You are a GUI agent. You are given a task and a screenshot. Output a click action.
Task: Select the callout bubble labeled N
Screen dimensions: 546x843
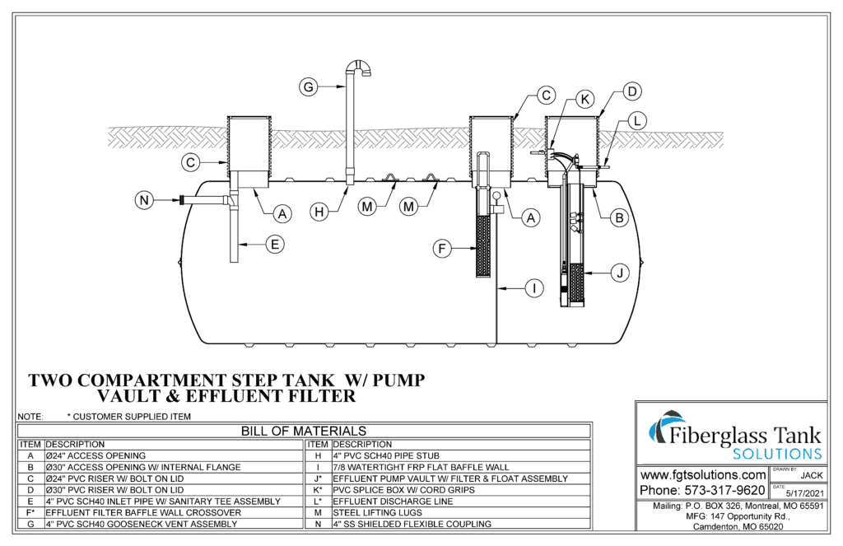[x=144, y=200]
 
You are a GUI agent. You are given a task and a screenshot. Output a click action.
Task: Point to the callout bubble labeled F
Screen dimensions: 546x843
[x=443, y=246]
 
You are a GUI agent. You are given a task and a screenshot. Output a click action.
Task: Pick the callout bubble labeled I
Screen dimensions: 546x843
[x=534, y=288]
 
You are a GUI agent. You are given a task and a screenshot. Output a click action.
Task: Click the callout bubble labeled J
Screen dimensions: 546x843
[x=619, y=270]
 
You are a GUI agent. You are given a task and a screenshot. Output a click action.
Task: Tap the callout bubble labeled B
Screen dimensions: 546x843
[x=618, y=217]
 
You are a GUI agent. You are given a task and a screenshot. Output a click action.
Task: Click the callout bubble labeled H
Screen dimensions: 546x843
[x=320, y=212]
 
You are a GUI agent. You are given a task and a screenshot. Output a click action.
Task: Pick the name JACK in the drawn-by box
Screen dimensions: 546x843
[x=811, y=476]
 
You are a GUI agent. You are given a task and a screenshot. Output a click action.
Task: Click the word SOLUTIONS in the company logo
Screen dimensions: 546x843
[x=776, y=454]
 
